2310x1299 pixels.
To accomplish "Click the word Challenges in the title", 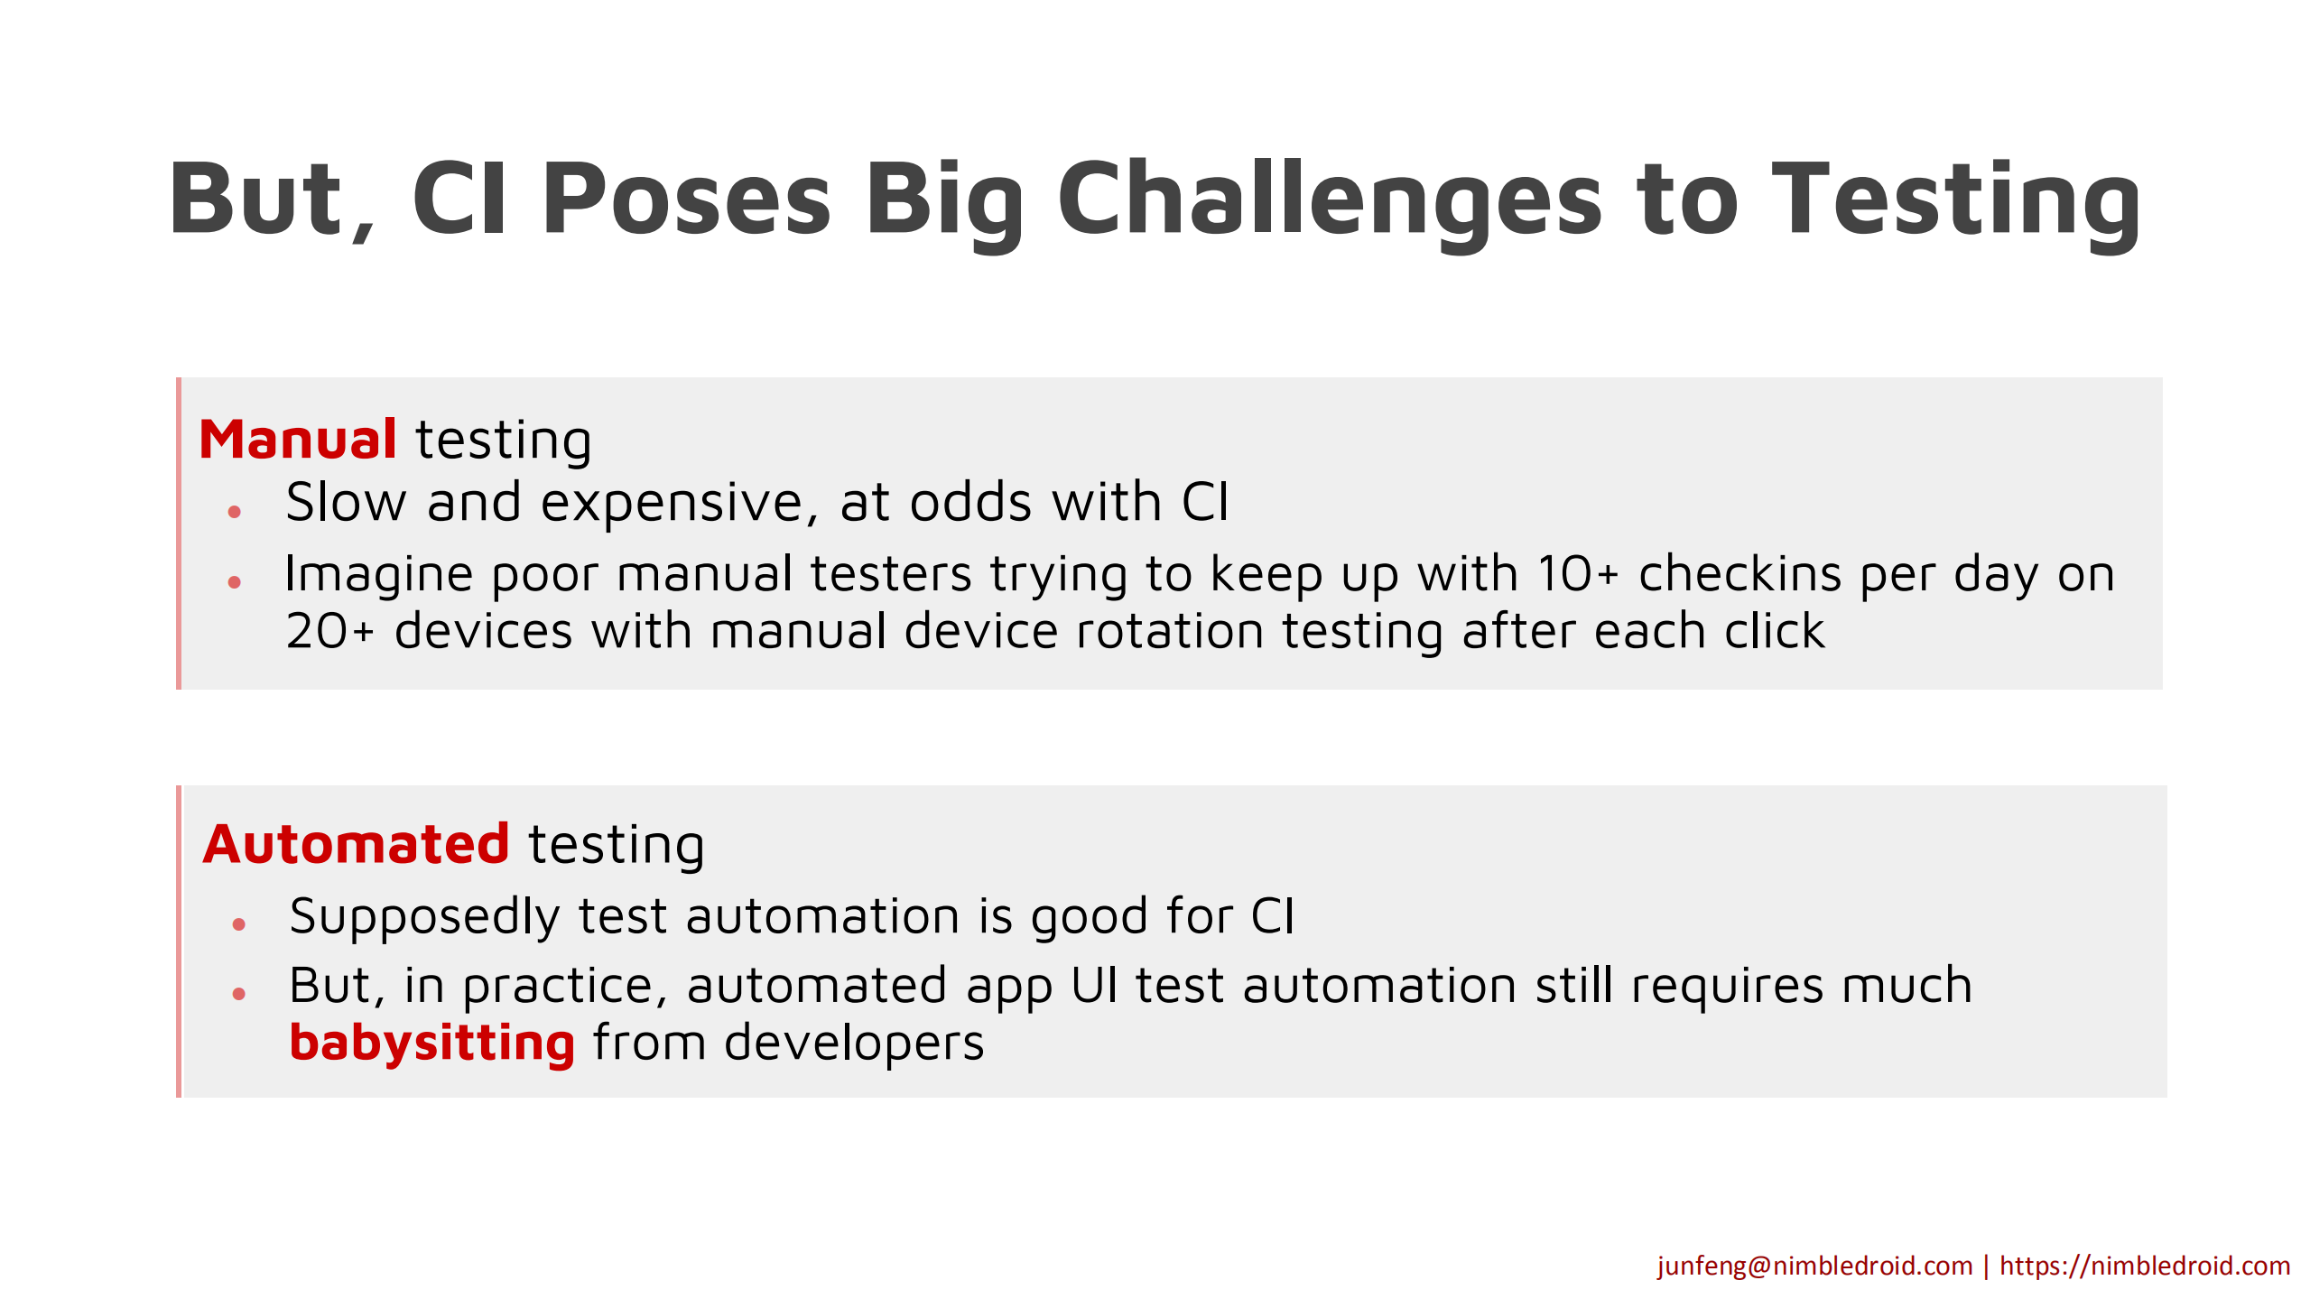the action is (x=1330, y=200).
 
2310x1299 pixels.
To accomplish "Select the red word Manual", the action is (x=298, y=440).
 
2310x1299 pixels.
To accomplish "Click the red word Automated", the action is (x=357, y=844).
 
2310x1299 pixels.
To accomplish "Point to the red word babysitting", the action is (x=431, y=1044).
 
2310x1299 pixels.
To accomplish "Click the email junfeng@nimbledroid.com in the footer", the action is (x=1814, y=1266).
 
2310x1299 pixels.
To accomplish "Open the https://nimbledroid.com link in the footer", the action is (x=2145, y=1266).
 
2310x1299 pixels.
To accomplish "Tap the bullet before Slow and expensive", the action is (x=235, y=512).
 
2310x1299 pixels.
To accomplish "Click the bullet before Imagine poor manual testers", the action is (x=235, y=582).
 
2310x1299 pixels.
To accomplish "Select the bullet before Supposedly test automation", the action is (x=239, y=923).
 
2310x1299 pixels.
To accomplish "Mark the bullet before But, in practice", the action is (x=239, y=994).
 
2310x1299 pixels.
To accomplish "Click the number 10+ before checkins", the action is (x=1578, y=574).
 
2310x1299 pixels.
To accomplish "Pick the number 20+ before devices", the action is (x=329, y=631).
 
